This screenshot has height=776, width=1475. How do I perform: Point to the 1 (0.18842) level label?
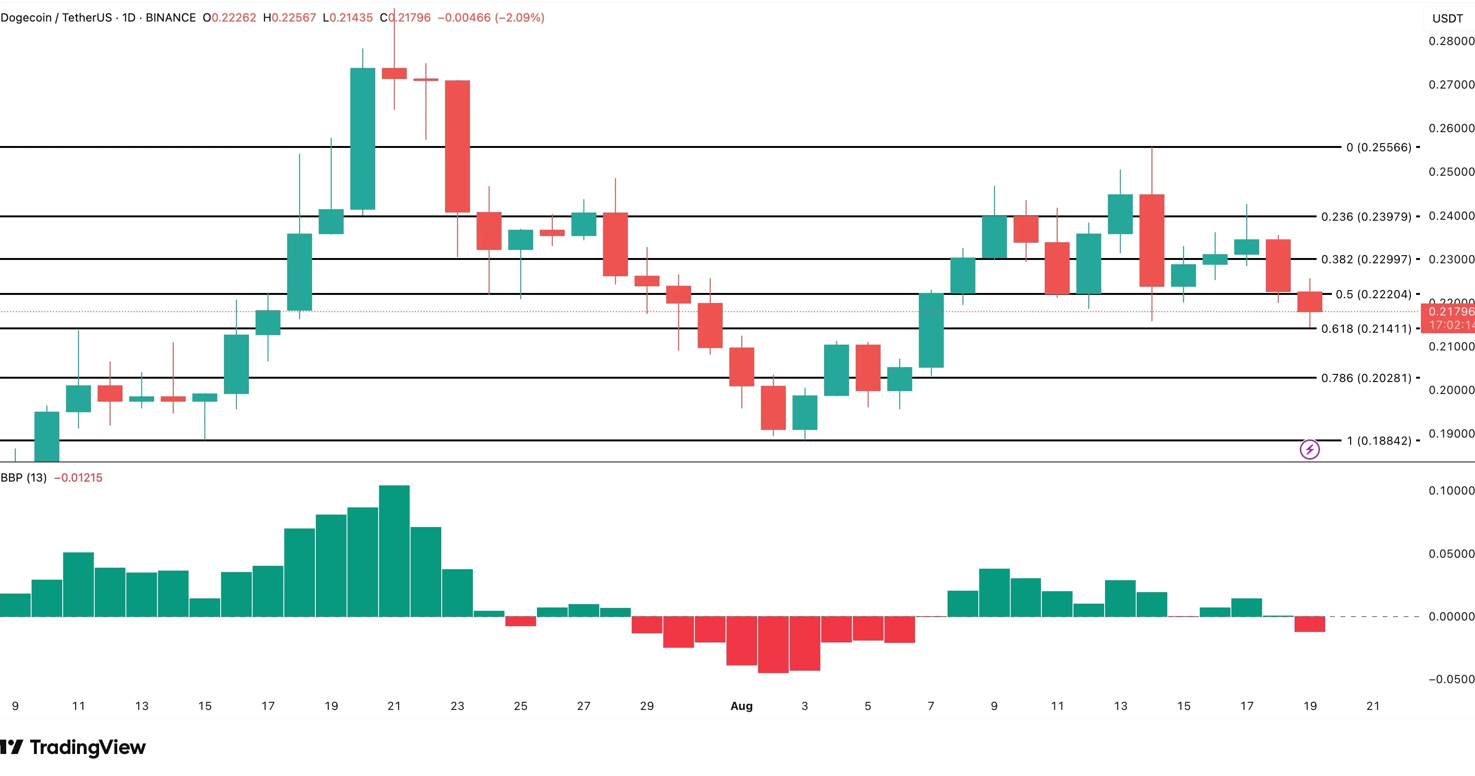[1378, 440]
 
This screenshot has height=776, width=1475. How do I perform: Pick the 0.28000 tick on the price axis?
[1451, 41]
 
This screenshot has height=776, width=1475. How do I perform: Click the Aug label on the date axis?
[741, 706]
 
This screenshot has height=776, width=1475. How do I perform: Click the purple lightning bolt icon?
[1309, 450]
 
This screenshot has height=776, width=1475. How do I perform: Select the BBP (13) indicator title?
[23, 478]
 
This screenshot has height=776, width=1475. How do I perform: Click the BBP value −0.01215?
[78, 478]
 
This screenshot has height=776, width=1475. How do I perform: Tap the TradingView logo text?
[87, 747]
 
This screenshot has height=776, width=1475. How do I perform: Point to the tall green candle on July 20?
[362, 139]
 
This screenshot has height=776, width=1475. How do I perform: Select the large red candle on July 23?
[458, 146]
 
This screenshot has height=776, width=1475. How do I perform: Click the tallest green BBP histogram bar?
[394, 551]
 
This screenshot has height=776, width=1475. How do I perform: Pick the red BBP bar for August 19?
[1309, 624]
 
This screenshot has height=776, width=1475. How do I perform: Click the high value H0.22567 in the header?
[289, 18]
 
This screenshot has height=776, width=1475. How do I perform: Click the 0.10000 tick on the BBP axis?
[1451, 491]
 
